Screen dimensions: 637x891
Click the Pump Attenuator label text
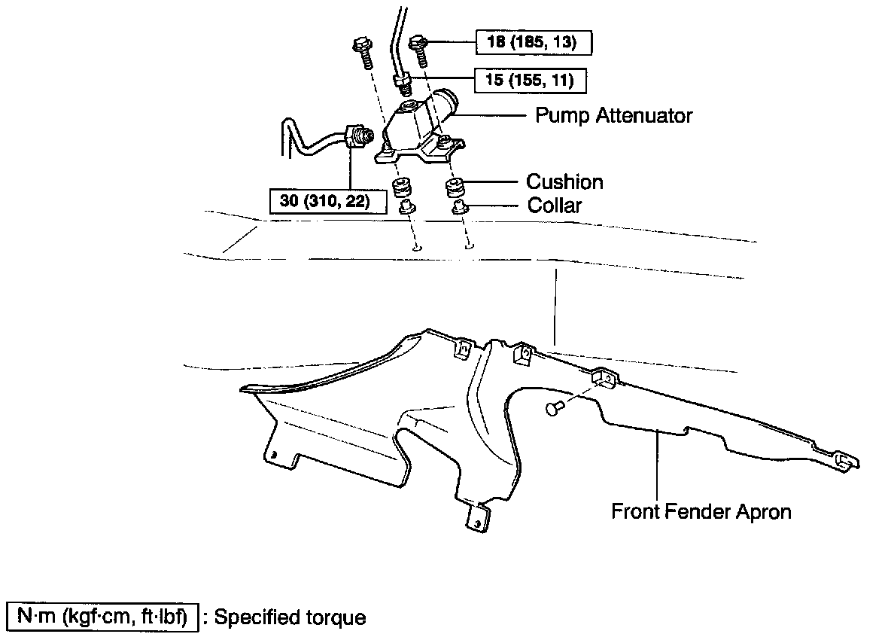coord(613,115)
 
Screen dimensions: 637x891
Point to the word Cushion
coord(564,181)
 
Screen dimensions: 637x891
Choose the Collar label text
coord(555,205)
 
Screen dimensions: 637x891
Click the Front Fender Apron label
coord(701,512)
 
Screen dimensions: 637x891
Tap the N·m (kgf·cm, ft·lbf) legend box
coord(102,617)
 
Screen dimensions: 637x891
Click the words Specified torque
coord(290,617)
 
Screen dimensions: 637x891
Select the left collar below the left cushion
coord(405,206)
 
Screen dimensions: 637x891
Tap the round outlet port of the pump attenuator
coord(449,102)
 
